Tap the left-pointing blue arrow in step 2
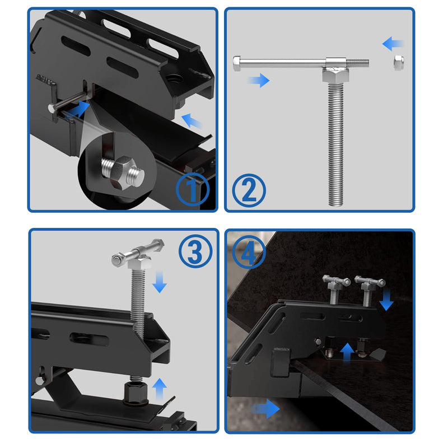coord(394,43)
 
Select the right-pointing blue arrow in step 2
coord(258,81)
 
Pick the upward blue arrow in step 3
coord(160,388)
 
